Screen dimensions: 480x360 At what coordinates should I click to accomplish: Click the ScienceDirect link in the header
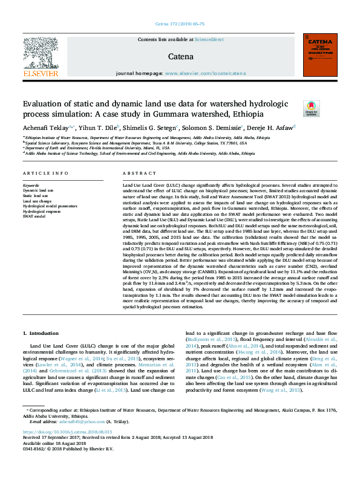click(x=209, y=39)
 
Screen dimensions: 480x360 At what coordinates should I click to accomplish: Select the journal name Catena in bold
click(x=181, y=57)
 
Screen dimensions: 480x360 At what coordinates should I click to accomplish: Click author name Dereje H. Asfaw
click(x=269, y=128)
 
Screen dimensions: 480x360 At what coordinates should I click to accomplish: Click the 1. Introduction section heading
click(x=44, y=332)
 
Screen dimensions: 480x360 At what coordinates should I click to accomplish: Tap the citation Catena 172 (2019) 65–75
click(x=180, y=25)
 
